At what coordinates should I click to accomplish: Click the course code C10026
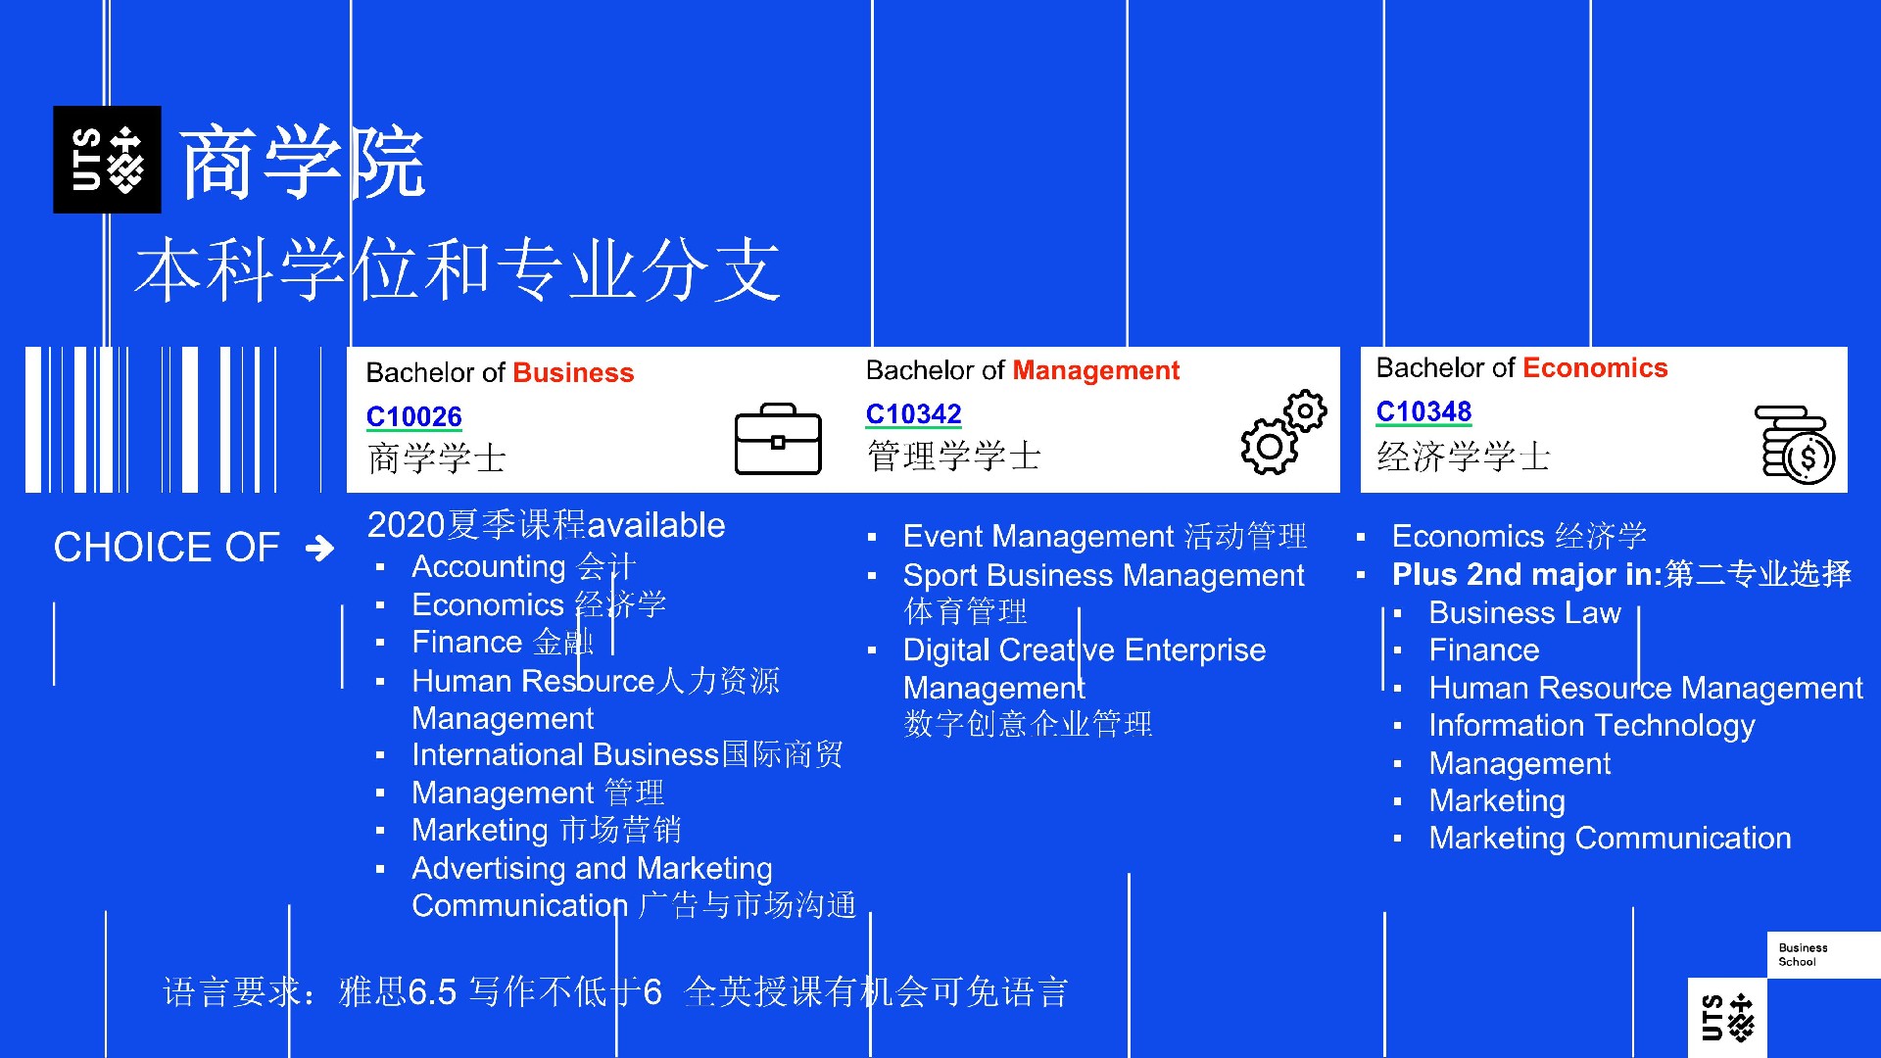point(413,417)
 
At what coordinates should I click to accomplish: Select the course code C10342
point(913,414)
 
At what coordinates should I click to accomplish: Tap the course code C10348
point(1423,411)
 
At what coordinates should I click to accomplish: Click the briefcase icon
point(778,439)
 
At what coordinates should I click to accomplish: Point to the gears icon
point(1283,432)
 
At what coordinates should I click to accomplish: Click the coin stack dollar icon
point(1795,444)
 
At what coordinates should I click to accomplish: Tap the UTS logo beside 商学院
point(107,160)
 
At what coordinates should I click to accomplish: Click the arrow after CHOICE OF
point(319,548)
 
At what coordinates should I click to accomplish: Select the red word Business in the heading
point(573,373)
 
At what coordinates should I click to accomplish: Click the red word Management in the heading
point(1095,370)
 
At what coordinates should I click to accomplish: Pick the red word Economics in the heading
point(1595,368)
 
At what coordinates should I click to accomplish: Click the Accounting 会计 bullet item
point(524,566)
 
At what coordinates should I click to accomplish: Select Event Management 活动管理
point(1105,536)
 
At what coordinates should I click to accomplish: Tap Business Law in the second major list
point(1524,613)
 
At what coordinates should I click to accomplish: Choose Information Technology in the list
point(1592,726)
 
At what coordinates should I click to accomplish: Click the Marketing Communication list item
point(1610,839)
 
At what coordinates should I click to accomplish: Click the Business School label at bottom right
point(1803,955)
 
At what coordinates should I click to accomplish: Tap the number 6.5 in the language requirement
point(432,992)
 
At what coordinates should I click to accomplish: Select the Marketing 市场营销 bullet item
point(547,831)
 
